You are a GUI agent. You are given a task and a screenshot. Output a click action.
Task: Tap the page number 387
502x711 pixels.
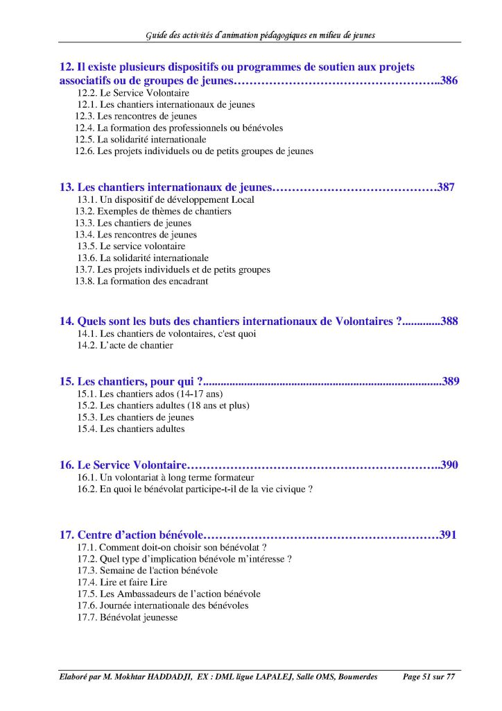click(446, 187)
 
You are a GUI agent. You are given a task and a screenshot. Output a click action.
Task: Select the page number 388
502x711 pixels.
click(449, 321)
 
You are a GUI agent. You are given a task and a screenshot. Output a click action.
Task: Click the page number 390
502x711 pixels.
click(449, 465)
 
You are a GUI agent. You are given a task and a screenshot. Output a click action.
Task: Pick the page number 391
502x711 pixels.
click(448, 535)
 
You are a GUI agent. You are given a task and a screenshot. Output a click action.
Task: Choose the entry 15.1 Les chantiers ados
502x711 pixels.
click(145, 394)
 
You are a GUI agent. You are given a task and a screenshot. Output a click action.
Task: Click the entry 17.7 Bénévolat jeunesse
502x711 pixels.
click(128, 617)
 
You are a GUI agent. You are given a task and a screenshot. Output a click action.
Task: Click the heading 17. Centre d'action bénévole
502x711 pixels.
click(131, 535)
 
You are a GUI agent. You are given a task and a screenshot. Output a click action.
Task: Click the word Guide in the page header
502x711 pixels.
click(157, 35)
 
